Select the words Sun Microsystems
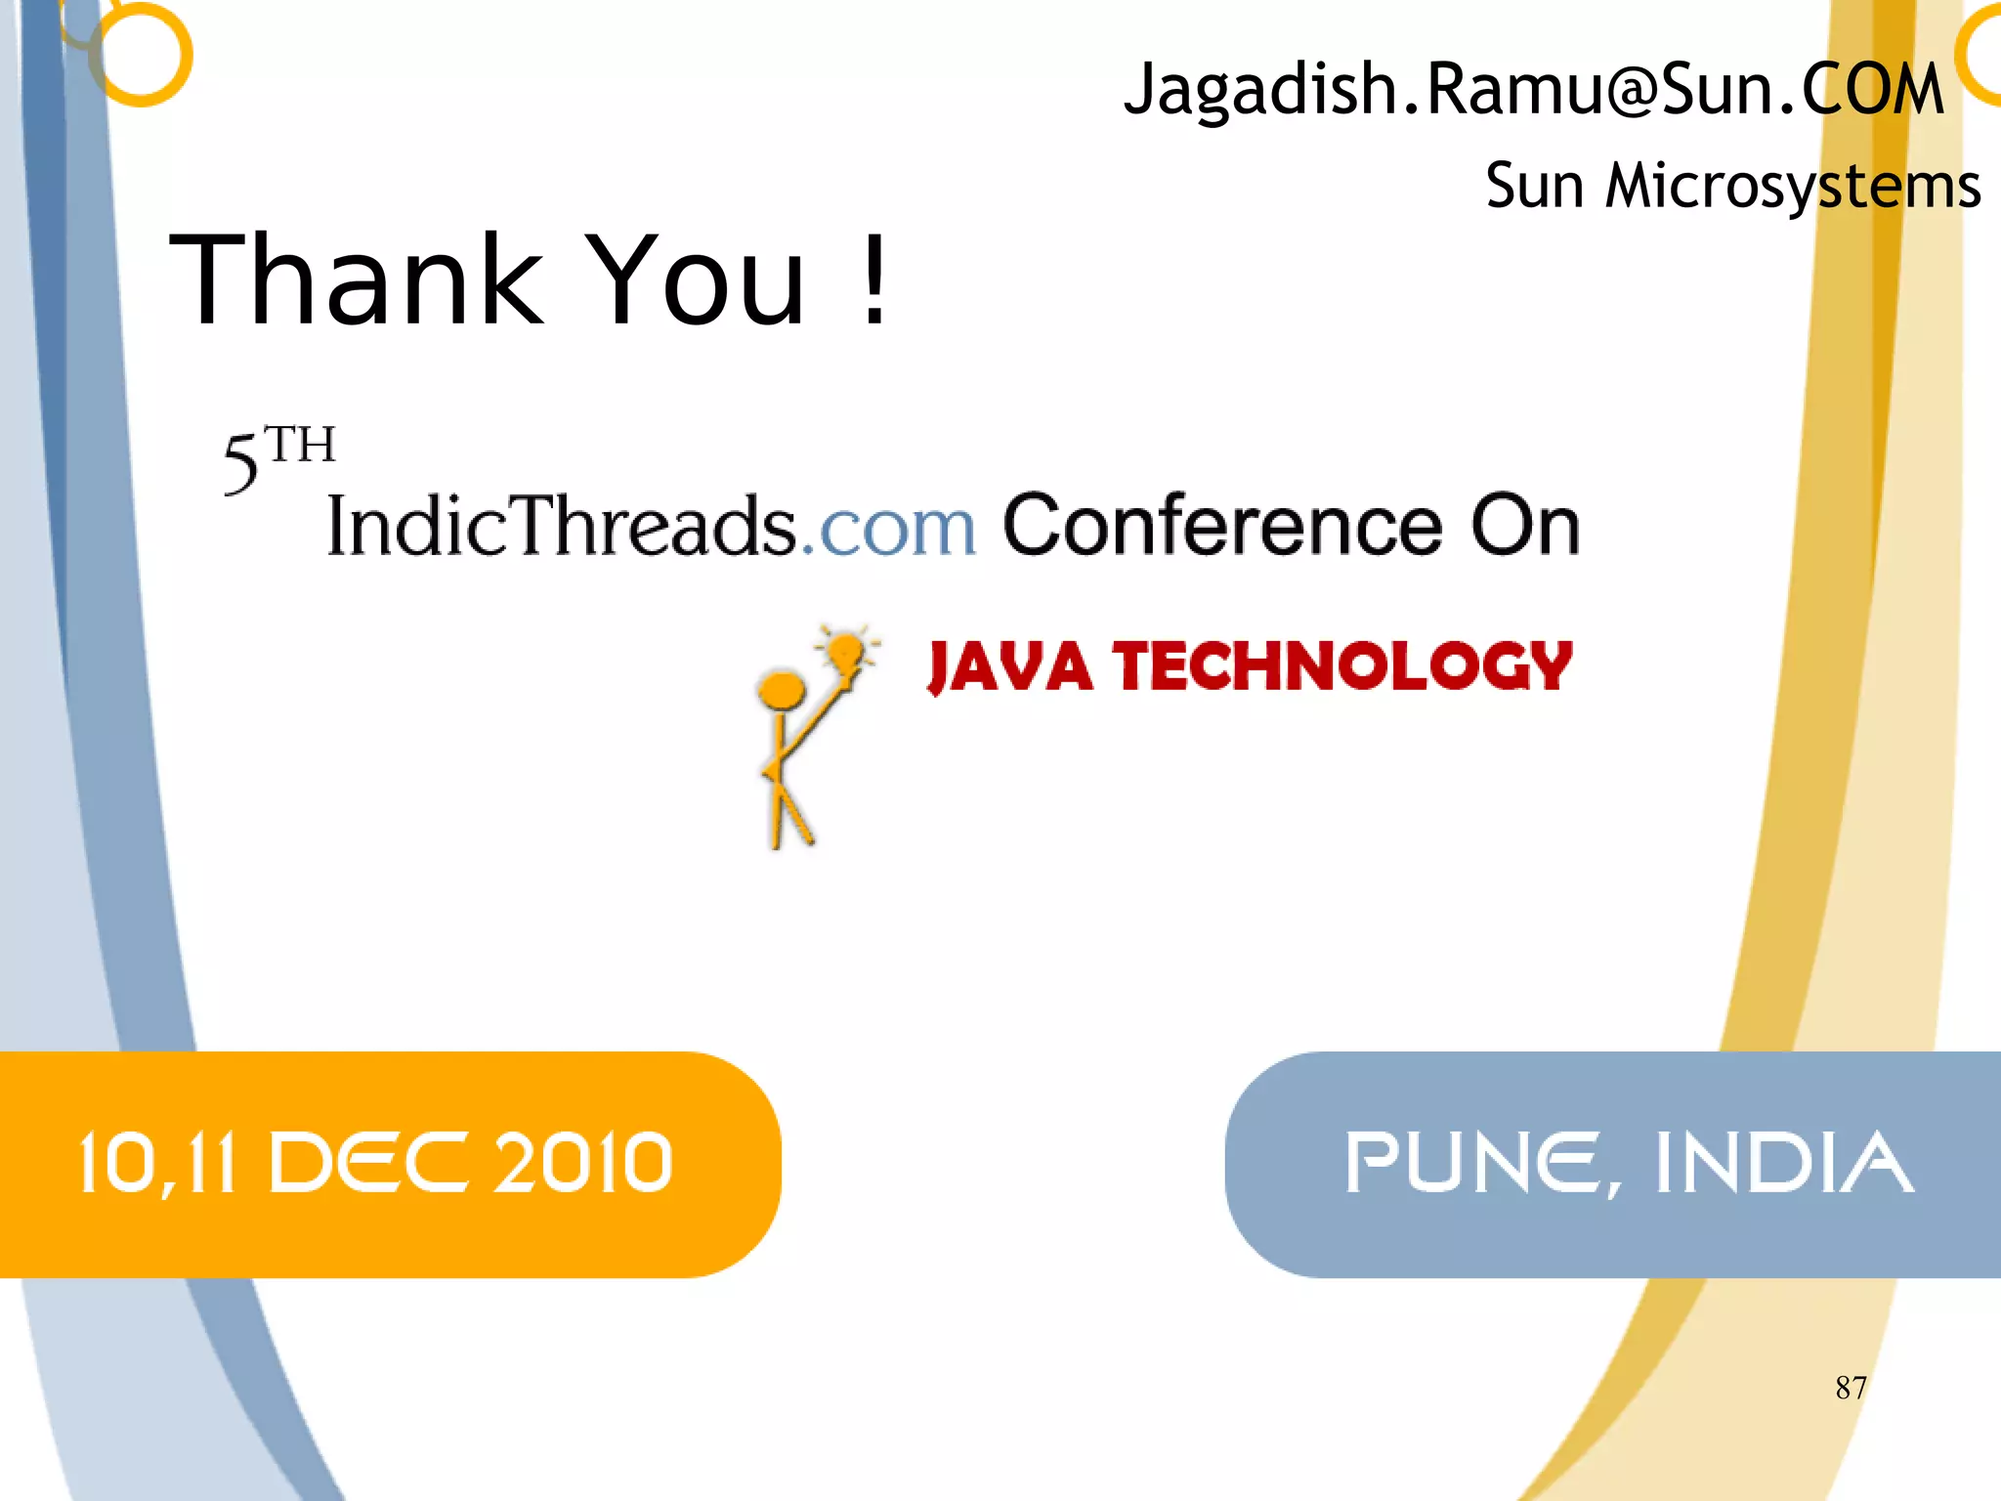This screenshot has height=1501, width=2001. [x=1732, y=186]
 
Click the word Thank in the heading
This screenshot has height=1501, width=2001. [x=357, y=280]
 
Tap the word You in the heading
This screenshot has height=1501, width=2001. [x=698, y=280]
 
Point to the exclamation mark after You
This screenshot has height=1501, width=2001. [x=874, y=280]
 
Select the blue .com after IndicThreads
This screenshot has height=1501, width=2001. [x=888, y=528]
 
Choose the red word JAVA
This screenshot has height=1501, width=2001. [x=1009, y=667]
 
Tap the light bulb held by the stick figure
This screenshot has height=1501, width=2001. [x=844, y=649]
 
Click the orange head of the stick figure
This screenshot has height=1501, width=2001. [x=782, y=689]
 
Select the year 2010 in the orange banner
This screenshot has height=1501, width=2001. [x=583, y=1163]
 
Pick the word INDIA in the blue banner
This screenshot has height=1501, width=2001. [x=1784, y=1163]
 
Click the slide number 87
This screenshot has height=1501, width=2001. [x=1851, y=1388]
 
